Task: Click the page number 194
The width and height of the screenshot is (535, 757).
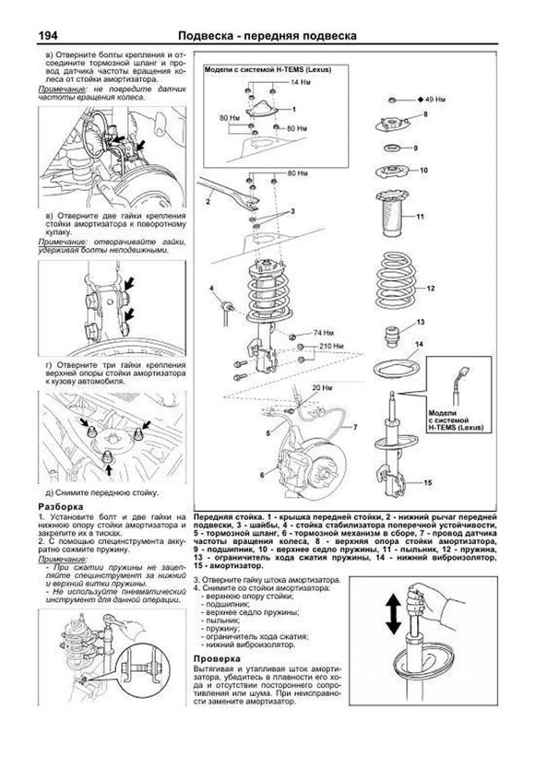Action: coord(48,36)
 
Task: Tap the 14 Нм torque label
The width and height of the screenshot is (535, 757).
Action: coord(300,82)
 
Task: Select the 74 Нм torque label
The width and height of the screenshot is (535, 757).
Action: coord(323,333)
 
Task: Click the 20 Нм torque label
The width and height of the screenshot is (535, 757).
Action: coord(322,388)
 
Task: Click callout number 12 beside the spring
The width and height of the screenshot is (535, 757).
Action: coord(430,289)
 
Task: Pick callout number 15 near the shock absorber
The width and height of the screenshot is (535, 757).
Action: coord(428,483)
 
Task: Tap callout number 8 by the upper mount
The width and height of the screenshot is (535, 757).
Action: coord(425,114)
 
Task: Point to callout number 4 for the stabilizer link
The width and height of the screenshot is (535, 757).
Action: coord(212,289)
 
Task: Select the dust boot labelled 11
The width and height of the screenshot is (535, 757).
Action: coord(392,214)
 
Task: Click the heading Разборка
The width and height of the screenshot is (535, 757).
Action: coord(61,507)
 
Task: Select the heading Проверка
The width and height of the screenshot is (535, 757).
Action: coord(217,658)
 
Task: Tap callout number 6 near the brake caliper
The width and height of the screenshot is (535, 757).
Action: coord(262,475)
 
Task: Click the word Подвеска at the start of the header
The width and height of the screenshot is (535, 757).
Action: coord(205,36)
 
